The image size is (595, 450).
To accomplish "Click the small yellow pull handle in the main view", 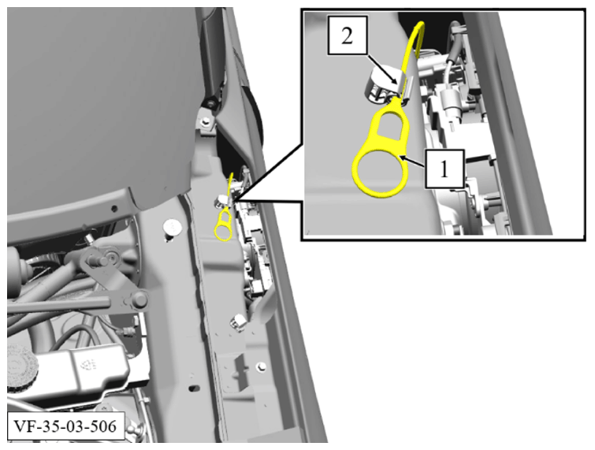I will coord(224,223).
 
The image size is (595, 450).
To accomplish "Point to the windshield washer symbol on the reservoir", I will coord(84,363).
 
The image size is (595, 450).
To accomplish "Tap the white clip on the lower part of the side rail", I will coord(237,321).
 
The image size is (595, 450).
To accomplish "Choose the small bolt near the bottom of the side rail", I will coord(260,366).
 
